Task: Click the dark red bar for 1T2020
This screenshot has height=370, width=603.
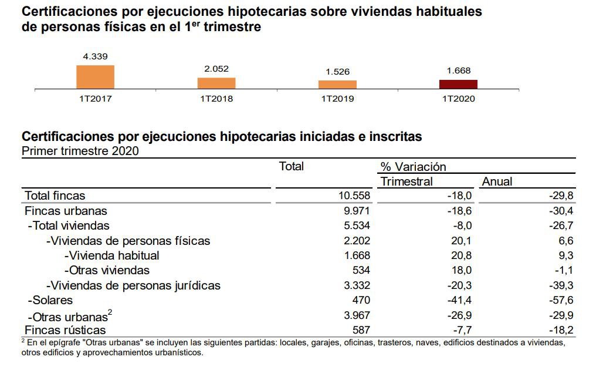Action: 458,84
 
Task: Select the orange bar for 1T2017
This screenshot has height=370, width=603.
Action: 95,77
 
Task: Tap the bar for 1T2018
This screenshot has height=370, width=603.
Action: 216,83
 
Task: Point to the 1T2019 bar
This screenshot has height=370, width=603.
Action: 337,85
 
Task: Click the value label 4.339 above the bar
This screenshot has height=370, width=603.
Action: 95,56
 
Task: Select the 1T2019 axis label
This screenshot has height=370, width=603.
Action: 337,99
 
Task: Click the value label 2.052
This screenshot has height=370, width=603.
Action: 216,69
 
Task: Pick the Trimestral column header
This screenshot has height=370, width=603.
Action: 406,181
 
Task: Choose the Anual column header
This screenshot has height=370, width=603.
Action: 497,181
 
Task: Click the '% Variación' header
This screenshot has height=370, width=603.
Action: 413,167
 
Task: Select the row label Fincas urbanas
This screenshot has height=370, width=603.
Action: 66,211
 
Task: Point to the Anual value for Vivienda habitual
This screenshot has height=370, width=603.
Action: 565,255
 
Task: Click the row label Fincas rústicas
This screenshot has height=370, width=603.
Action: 65,330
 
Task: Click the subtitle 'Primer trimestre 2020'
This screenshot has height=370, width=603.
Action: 80,151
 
